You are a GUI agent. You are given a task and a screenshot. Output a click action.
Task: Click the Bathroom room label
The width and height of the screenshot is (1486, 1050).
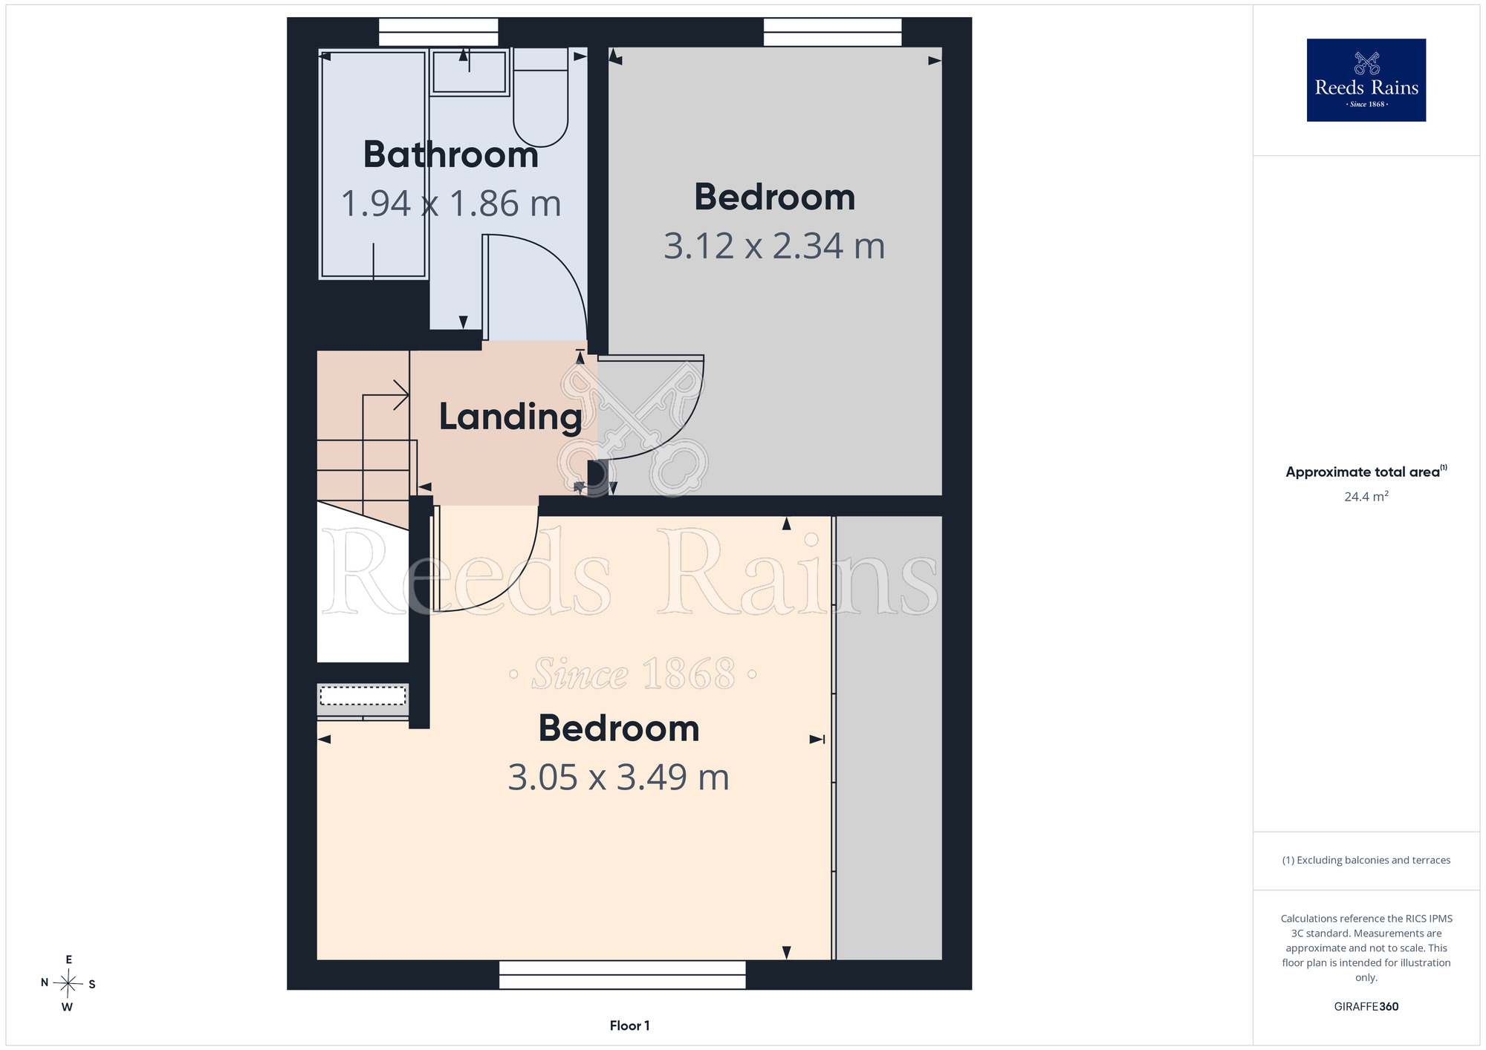pos(451,154)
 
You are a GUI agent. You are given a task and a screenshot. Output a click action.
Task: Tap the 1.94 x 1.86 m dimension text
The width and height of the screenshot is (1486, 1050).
pos(451,203)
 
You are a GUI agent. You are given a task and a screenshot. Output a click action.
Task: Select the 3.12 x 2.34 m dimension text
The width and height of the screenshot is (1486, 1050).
pos(774,246)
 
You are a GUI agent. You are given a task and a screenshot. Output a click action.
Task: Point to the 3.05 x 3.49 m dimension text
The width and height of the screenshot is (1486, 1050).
pos(618,777)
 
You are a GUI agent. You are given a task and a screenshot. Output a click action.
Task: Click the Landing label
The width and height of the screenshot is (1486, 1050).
pos(510,417)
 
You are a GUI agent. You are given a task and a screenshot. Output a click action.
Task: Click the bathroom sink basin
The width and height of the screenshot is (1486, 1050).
pos(469,72)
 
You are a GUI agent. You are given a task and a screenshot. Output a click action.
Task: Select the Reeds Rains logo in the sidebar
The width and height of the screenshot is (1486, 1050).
pos(1366,80)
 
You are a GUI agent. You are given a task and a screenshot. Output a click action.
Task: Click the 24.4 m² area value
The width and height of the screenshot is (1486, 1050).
pos(1366,496)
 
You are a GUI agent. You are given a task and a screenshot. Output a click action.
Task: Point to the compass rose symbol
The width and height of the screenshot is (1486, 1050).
pos(68,984)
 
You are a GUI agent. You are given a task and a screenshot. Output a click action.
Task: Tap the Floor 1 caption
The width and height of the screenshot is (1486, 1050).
pos(629,1025)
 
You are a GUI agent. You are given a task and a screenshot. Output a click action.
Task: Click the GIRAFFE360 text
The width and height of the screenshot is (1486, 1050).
pos(1366,1007)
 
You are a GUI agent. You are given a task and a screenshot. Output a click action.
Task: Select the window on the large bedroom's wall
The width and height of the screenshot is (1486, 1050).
pos(622,975)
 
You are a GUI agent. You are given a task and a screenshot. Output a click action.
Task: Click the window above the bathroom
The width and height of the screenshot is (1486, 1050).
pos(438,33)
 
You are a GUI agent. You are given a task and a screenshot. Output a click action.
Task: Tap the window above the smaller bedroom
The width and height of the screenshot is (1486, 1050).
pos(832,33)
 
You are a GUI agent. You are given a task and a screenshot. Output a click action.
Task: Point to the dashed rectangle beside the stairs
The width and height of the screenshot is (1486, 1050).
pos(363,696)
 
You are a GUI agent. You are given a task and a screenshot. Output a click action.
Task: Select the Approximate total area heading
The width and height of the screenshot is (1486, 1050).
pos(1366,472)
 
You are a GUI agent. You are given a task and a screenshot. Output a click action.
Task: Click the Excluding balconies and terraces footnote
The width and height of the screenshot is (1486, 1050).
pos(1366,860)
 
